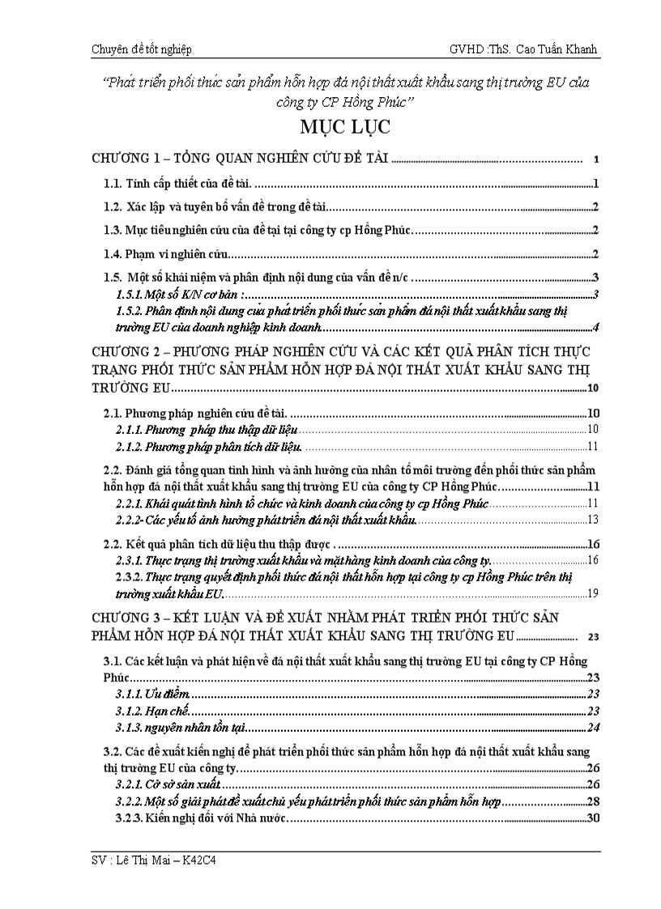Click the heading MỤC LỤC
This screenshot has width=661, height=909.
pos(333,128)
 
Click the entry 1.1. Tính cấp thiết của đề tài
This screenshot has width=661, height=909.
pos(184,184)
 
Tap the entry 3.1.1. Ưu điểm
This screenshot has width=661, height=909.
pos(152,694)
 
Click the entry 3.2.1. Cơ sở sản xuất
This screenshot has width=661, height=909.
pos(170,784)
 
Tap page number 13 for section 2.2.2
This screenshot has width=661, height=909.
pos(592,520)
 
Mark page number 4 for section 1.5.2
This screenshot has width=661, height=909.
pos(595,328)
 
